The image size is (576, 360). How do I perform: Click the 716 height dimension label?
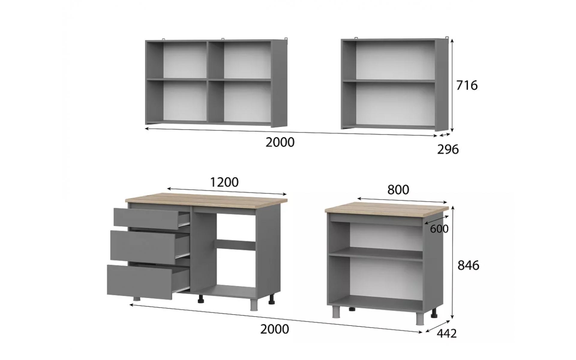(x=467, y=85)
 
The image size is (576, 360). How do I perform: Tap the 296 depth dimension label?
(x=448, y=149)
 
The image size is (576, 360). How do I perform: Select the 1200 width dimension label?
(x=224, y=182)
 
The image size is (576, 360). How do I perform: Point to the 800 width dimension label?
(x=398, y=190)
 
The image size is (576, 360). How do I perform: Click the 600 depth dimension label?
(x=439, y=229)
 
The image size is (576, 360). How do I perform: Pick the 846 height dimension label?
(x=468, y=265)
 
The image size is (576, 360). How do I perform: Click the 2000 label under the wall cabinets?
(x=280, y=142)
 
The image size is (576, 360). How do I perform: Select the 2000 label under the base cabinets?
(x=274, y=329)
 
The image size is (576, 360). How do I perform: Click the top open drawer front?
(x=146, y=219)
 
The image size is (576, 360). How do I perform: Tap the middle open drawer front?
(x=143, y=245)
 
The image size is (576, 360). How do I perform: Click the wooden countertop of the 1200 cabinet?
(x=206, y=199)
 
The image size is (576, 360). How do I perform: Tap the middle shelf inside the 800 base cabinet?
(x=376, y=253)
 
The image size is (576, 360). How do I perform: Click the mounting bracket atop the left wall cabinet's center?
(x=223, y=39)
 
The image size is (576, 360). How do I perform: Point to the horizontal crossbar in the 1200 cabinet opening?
(x=235, y=244)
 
